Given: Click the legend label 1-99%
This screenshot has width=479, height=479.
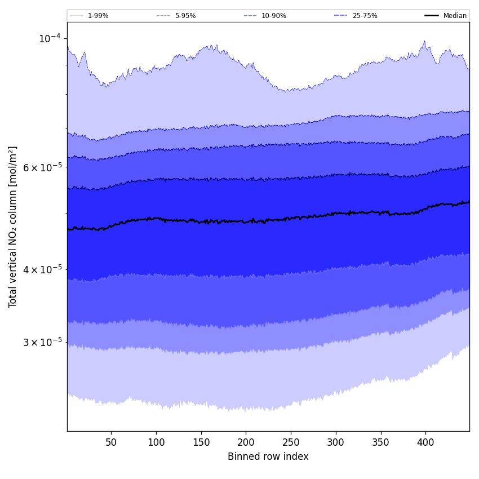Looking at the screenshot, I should [x=98, y=16].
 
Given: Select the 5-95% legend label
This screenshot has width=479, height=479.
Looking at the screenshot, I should [x=185, y=16].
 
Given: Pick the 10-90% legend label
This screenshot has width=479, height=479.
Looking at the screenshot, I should [x=273, y=16].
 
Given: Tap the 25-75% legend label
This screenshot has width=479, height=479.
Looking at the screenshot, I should [x=365, y=16].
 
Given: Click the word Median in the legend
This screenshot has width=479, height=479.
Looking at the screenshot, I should [x=455, y=16].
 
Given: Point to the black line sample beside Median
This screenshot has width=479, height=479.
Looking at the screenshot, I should [x=432, y=16].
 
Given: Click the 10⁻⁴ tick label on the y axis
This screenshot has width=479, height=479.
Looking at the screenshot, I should [x=49, y=38].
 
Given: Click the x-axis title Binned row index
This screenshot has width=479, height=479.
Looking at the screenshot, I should [x=268, y=456].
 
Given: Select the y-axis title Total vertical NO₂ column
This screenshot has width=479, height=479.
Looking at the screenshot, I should [x=13, y=227].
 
